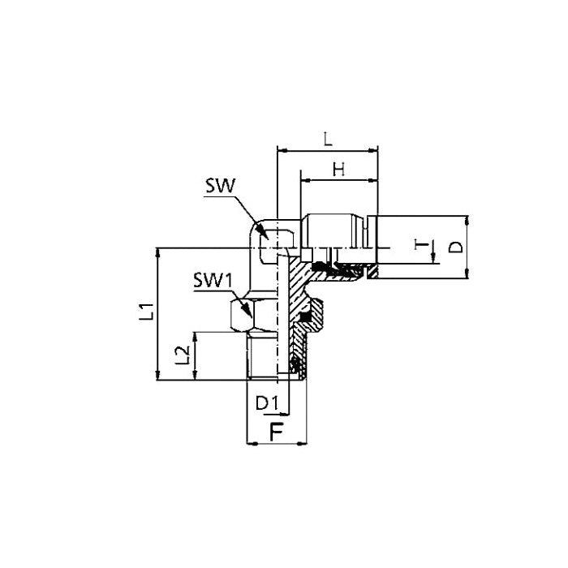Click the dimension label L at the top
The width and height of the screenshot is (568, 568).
tap(328, 139)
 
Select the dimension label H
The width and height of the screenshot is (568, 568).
tap(338, 169)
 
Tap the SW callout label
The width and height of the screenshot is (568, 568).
tap(221, 186)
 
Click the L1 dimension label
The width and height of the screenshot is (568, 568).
tap(148, 311)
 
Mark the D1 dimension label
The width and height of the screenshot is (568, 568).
tap(267, 403)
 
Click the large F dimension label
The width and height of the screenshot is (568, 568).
tap(276, 432)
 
